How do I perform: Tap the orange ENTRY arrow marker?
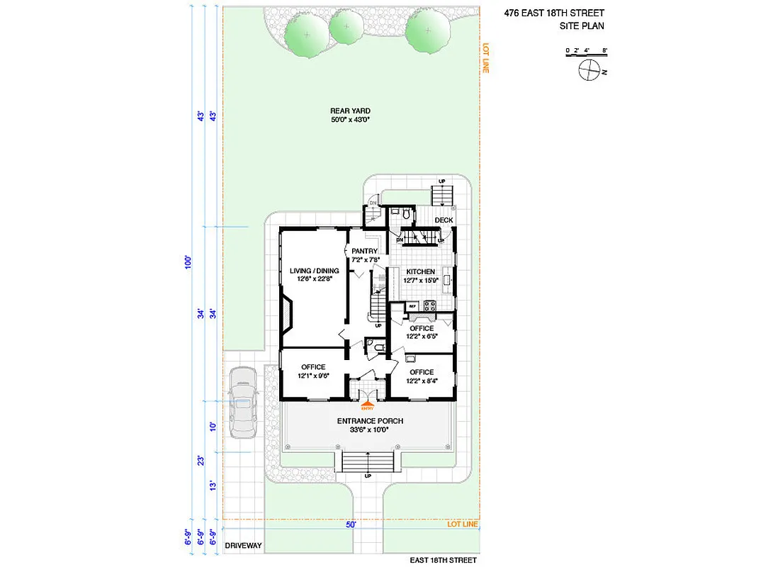[367, 405]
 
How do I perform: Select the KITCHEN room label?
[420, 272]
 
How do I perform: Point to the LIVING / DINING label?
[314, 271]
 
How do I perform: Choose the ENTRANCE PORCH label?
[369, 421]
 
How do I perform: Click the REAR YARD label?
[350, 111]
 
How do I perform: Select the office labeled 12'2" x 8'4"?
[421, 372]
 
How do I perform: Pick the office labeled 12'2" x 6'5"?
[421, 328]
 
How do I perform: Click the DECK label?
[444, 220]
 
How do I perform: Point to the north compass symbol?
[589, 70]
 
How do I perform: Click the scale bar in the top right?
[586, 51]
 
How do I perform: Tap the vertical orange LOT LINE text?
[486, 58]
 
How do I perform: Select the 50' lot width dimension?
[351, 525]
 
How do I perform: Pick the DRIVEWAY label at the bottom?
[243, 546]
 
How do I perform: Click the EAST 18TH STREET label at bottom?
[443, 560]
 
